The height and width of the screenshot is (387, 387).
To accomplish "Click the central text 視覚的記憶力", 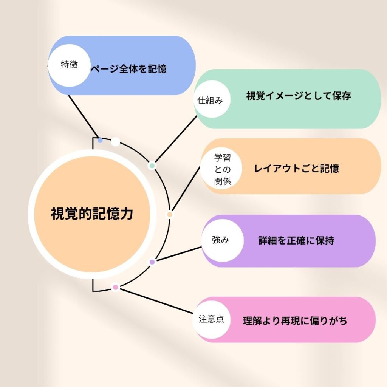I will click(x=92, y=214).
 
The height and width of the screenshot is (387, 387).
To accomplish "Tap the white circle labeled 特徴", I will click(x=70, y=65).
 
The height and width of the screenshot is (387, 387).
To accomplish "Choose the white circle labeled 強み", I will click(x=221, y=240).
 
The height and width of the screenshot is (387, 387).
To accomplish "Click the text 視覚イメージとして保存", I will click(x=299, y=96).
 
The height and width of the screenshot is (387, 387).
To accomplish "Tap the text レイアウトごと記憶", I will click(x=297, y=168).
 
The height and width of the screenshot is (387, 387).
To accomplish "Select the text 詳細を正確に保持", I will click(x=296, y=240).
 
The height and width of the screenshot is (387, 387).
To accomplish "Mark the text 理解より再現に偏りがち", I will click(x=295, y=321).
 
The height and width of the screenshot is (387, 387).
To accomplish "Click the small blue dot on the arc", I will click(x=100, y=140).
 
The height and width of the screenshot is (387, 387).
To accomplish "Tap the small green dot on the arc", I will click(x=152, y=166).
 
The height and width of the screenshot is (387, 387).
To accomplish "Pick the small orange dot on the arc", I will click(x=170, y=214).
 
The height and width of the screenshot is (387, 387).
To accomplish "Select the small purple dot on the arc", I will click(x=152, y=262).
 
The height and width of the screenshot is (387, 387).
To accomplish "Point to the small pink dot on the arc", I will click(x=116, y=288).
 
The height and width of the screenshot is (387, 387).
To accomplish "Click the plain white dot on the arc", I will click(x=115, y=142).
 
